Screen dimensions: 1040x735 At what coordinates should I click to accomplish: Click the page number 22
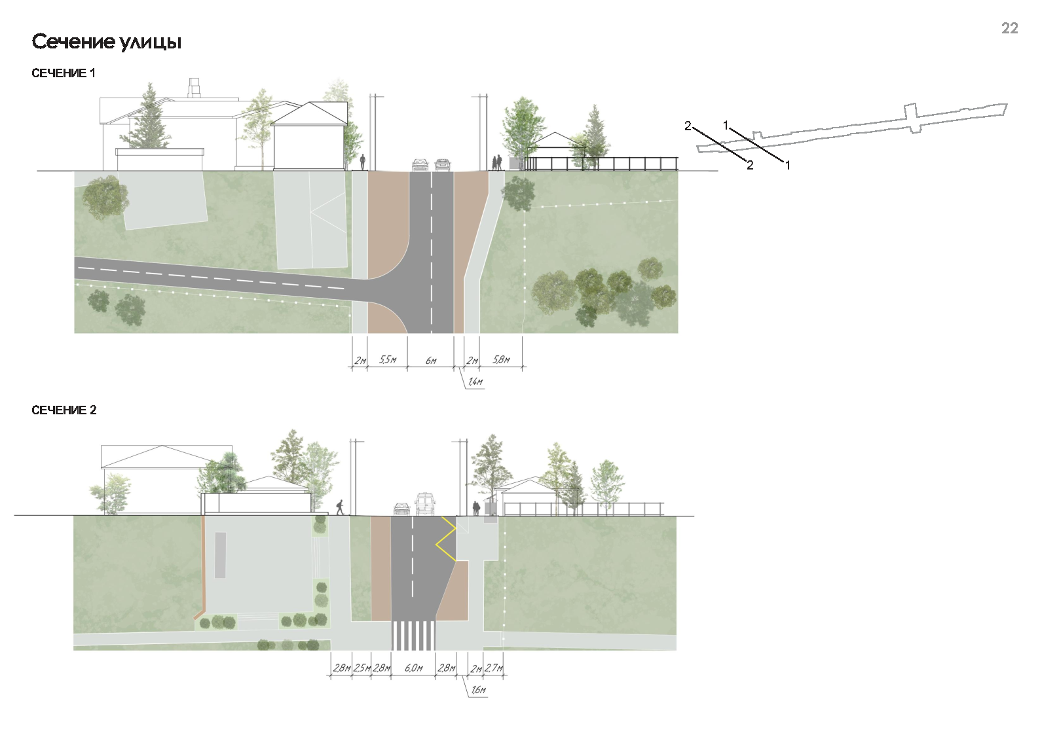coord(1009,28)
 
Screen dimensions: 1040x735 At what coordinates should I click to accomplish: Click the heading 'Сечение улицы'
coord(106,43)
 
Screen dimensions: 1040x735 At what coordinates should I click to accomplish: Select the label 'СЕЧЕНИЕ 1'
coord(64,73)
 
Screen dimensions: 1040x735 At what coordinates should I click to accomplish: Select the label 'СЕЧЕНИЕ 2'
coord(64,410)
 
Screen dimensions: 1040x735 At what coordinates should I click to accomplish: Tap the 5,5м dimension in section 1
coord(388,359)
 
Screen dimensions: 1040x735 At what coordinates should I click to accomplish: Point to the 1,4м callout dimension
coord(475,382)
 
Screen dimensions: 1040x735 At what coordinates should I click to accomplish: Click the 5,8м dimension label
coord(501,359)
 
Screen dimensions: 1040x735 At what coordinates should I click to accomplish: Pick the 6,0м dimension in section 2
coord(413,668)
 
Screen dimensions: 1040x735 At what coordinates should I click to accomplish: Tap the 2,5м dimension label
coord(362,668)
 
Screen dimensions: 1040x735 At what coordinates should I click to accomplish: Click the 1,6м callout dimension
coord(478,690)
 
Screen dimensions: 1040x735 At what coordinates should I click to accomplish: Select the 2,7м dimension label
coord(494,668)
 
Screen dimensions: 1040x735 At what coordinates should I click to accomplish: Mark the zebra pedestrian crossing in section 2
coord(413,636)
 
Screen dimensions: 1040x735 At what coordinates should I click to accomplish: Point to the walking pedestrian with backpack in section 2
coord(341,507)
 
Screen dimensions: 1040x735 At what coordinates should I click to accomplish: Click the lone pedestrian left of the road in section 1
coord(363,162)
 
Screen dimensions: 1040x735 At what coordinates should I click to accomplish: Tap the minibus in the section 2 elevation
coord(424,504)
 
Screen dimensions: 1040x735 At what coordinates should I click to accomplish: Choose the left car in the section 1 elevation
coord(420,165)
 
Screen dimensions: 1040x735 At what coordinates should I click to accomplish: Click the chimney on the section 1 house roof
coord(194,88)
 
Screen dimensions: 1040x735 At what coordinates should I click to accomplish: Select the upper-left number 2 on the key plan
coord(688,126)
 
